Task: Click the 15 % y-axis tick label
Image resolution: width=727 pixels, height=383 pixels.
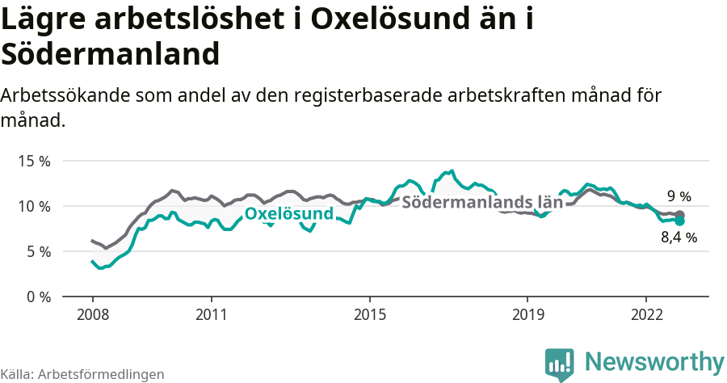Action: click(34, 161)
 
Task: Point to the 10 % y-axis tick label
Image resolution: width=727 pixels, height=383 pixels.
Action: click(34, 206)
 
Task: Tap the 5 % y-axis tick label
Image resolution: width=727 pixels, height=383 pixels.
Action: click(37, 251)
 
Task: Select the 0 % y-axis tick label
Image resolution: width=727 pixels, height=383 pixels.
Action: click(37, 297)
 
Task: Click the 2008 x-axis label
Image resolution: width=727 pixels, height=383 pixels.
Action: click(92, 314)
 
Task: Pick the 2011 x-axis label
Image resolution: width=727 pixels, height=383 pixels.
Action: click(211, 314)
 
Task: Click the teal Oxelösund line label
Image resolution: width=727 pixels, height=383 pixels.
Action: click(289, 214)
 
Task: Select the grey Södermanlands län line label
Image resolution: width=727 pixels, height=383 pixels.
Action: click(482, 202)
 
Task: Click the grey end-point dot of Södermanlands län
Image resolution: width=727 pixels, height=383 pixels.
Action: click(679, 215)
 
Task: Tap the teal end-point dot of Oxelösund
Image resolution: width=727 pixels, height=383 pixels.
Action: click(679, 221)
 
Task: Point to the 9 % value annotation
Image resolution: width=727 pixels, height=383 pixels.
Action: click(679, 196)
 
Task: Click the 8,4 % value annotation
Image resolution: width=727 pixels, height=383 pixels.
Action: click(679, 238)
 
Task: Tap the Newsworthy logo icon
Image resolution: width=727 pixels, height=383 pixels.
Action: click(559, 364)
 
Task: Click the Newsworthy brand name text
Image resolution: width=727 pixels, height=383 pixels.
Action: click(654, 361)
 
